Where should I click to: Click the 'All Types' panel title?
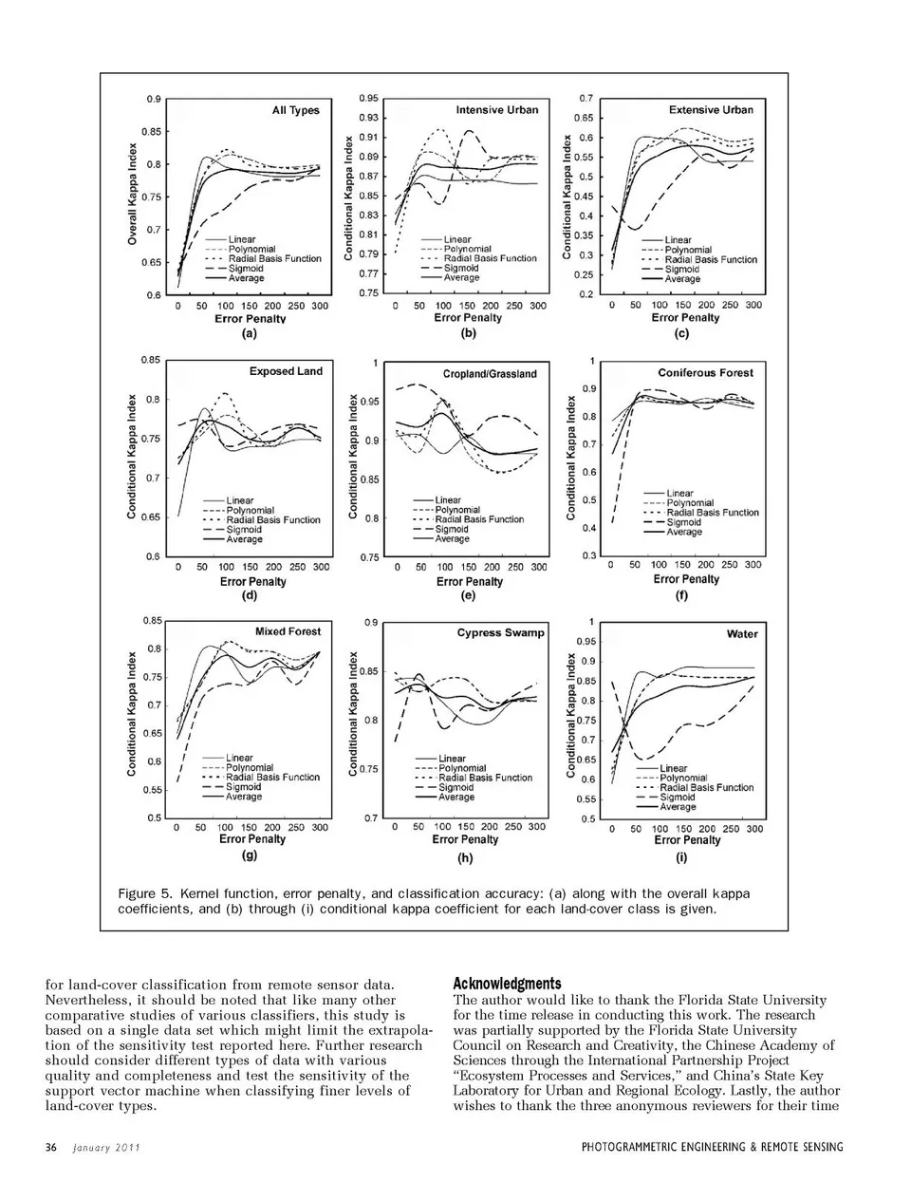(x=295, y=110)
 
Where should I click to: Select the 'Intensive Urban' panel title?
(x=496, y=110)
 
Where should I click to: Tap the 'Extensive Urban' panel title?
(x=711, y=110)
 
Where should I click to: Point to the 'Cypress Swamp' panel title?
(x=500, y=633)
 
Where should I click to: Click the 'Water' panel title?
(x=741, y=634)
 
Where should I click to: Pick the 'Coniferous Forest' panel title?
(x=705, y=373)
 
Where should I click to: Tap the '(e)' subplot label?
(x=467, y=596)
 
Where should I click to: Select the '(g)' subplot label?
(x=250, y=855)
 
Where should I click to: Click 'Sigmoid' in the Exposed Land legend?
(x=244, y=530)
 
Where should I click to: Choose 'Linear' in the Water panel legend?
(x=673, y=768)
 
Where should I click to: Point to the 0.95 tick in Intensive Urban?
(x=368, y=98)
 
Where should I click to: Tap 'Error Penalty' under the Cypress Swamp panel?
(x=465, y=839)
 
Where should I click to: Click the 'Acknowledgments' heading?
(x=507, y=984)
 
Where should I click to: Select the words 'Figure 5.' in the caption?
(x=145, y=893)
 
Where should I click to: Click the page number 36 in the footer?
(x=51, y=1147)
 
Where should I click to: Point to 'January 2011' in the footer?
(x=106, y=1147)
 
